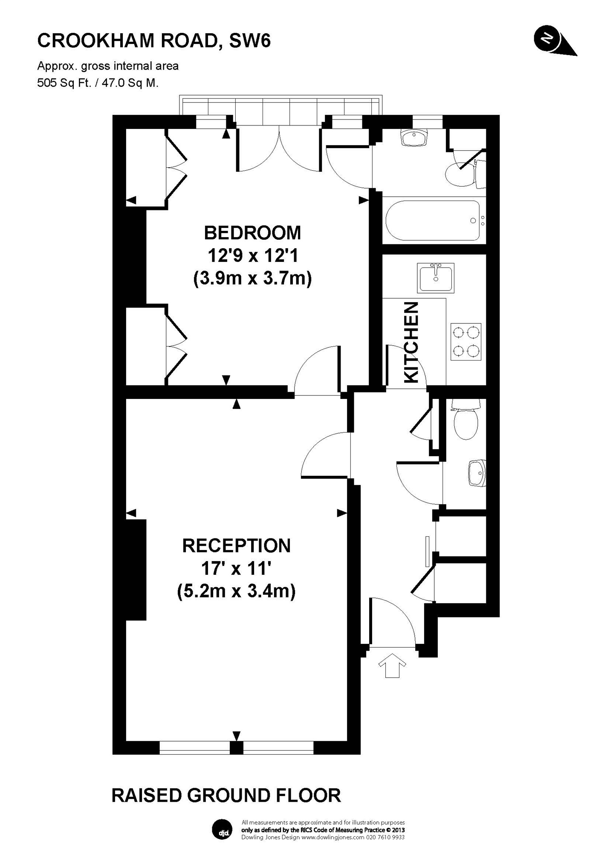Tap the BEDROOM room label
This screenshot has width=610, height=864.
pos(252,233)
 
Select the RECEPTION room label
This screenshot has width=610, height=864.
pos(237,546)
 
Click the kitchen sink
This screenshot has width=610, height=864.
pos(436,278)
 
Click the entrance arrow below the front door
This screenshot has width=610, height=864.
pos(392,664)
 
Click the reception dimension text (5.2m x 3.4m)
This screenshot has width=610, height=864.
pos(236,591)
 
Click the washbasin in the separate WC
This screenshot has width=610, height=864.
pos(477,473)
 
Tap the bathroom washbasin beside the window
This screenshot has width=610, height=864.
pos(413,137)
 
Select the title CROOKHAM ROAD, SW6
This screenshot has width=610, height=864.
pos(154,41)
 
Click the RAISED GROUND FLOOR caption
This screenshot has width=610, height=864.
pos(226,796)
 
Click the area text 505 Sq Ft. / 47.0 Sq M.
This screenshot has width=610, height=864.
pos(98,83)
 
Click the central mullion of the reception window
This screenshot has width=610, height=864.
pos(236,747)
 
